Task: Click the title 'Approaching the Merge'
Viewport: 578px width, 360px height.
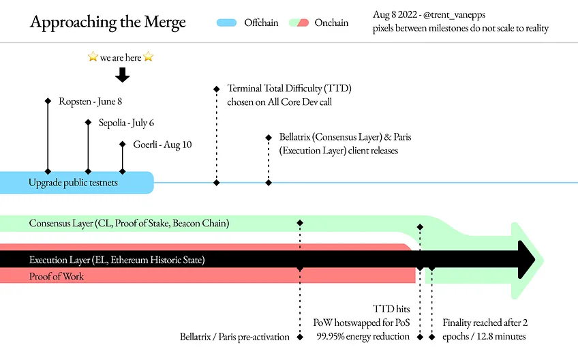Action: tap(108, 22)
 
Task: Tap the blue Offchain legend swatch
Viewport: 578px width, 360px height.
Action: tap(226, 23)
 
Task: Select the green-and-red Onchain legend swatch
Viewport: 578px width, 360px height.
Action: tap(299, 23)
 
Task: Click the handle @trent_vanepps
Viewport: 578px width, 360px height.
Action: tap(454, 15)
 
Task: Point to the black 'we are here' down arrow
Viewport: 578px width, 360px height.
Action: tap(123, 75)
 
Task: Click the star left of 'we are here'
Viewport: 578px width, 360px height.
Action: tap(93, 57)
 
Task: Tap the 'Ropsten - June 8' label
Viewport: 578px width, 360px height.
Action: tap(90, 102)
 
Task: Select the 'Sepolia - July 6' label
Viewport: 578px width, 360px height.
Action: tap(126, 123)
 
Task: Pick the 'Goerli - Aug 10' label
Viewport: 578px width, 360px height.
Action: tap(162, 145)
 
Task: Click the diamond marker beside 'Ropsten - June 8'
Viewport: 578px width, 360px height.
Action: tap(48, 101)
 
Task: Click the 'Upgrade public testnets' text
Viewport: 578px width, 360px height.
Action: tap(73, 183)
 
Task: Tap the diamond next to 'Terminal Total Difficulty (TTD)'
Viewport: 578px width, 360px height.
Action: tap(216, 89)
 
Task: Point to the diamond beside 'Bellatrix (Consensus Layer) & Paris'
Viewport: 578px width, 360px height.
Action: tap(269, 138)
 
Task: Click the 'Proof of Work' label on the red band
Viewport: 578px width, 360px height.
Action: tap(57, 276)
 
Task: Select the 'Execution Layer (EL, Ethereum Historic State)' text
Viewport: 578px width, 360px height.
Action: tap(117, 260)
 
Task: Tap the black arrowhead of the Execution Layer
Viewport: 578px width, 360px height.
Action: tap(526, 260)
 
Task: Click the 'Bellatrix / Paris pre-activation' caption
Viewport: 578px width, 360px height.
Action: tap(234, 337)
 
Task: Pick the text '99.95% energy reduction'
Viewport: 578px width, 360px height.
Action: tap(363, 336)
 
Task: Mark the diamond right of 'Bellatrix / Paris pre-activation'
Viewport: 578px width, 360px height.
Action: tap(300, 337)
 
